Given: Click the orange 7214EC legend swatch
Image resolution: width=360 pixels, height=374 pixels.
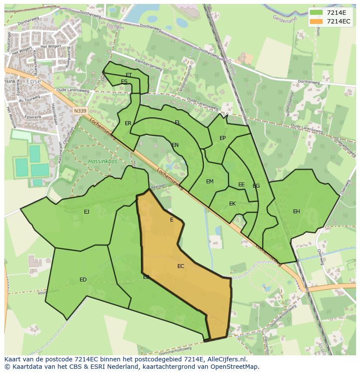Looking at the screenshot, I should (317, 21).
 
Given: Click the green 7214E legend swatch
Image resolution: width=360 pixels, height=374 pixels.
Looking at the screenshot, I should (317, 13).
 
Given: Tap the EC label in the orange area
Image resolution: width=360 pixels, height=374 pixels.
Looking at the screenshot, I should (181, 266).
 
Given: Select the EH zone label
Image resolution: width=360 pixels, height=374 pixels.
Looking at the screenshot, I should (297, 212).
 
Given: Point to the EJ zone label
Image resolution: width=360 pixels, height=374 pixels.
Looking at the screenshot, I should (87, 212).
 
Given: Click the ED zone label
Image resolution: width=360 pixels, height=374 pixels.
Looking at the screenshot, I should (83, 279).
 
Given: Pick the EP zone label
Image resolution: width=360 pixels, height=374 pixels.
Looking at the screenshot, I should (223, 138).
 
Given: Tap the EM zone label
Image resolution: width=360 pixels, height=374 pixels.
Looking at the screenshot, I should (210, 182).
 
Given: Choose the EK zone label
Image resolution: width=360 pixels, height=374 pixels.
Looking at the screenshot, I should (233, 204).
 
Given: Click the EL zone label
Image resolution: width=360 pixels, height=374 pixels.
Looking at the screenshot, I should (178, 122).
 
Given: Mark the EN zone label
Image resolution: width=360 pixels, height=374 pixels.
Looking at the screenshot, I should (175, 145).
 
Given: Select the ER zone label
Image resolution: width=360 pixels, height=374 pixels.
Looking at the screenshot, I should (128, 123).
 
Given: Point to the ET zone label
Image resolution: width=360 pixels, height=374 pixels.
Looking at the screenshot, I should (129, 75).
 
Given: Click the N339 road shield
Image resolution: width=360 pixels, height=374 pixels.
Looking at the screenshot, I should (80, 111).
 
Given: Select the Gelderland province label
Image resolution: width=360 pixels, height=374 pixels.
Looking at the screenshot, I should (285, 19).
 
